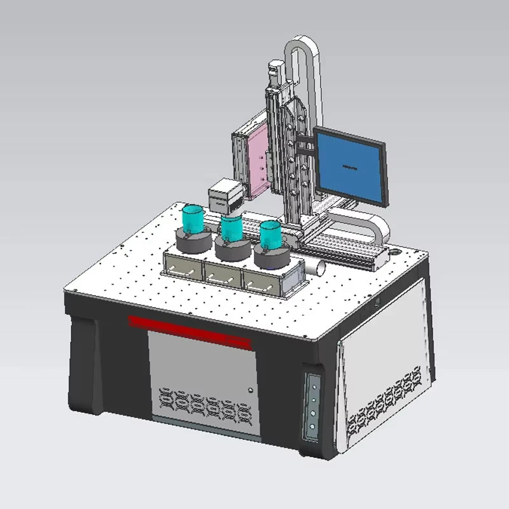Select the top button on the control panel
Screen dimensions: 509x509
click(312, 383)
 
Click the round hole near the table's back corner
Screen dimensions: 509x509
click(398, 251)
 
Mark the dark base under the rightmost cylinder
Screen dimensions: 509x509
click(272, 258)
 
